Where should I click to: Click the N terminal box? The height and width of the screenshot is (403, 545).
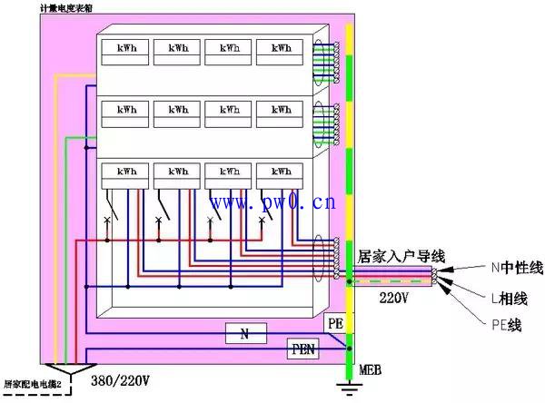click(x=246, y=333)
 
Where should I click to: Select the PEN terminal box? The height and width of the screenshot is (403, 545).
click(x=303, y=349)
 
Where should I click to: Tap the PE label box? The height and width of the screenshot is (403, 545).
click(x=335, y=323)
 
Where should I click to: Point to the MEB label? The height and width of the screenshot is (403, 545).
click(x=371, y=369)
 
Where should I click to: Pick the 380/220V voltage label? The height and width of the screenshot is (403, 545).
click(x=120, y=381)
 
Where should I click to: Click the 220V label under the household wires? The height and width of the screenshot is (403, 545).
click(x=394, y=298)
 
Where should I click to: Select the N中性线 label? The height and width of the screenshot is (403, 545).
click(x=517, y=268)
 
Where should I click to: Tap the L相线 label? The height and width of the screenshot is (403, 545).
click(x=510, y=299)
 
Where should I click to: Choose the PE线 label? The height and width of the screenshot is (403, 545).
click(x=507, y=325)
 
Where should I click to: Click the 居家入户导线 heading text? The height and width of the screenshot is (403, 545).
click(x=401, y=257)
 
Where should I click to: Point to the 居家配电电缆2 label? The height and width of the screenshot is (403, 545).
click(x=33, y=384)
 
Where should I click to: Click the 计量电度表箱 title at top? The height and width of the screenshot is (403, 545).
click(x=66, y=8)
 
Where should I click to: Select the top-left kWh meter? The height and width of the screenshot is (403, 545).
click(x=125, y=52)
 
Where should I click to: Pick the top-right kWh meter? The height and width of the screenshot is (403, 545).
click(x=280, y=52)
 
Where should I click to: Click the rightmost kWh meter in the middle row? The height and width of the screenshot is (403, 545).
click(x=280, y=114)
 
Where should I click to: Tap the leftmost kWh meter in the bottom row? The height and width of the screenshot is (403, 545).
click(x=125, y=176)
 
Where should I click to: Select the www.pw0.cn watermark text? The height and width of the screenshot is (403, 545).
click(x=273, y=202)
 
